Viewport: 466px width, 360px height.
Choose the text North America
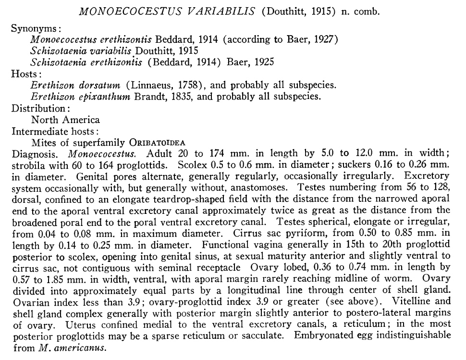(x=65, y=119)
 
